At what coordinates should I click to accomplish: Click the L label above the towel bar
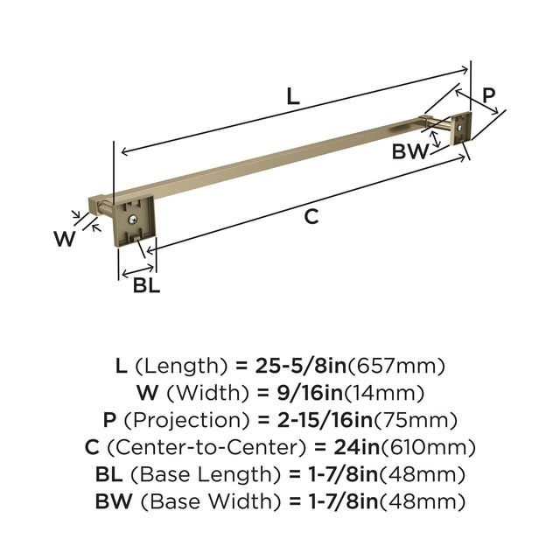pyautogui.click(x=293, y=96)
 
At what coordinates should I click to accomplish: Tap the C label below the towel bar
pyautogui.click(x=311, y=217)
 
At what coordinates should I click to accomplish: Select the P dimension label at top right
pyautogui.click(x=489, y=95)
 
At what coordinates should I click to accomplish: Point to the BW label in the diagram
pyautogui.click(x=409, y=151)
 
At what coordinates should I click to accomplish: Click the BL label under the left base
pyautogui.click(x=146, y=285)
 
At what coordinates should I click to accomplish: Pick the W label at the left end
pyautogui.click(x=65, y=239)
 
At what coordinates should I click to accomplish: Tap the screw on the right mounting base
pyautogui.click(x=459, y=127)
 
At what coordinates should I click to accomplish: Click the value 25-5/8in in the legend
pyautogui.click(x=301, y=366)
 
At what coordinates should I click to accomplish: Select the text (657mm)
pyautogui.click(x=396, y=366)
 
